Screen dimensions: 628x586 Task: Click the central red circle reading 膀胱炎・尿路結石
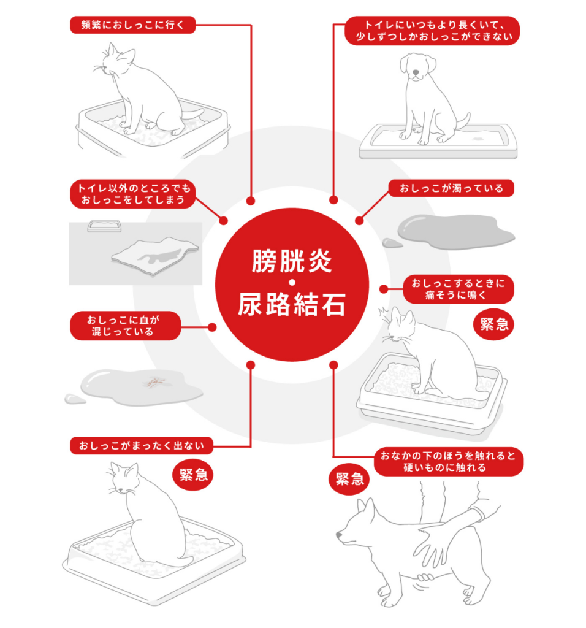(x=292, y=285)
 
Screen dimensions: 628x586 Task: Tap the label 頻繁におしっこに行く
(x=132, y=25)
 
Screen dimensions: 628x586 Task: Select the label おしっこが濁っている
(x=451, y=188)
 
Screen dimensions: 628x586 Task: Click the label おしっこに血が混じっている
(x=126, y=326)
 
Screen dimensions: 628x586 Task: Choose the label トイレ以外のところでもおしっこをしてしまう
(x=132, y=193)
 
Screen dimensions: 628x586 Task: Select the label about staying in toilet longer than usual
(x=433, y=31)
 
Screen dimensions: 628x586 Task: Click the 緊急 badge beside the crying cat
(x=494, y=324)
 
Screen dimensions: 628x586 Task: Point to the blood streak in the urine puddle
(x=154, y=383)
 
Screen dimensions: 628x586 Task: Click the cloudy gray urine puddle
(x=454, y=231)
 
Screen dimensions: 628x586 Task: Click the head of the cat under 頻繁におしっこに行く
(x=116, y=61)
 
